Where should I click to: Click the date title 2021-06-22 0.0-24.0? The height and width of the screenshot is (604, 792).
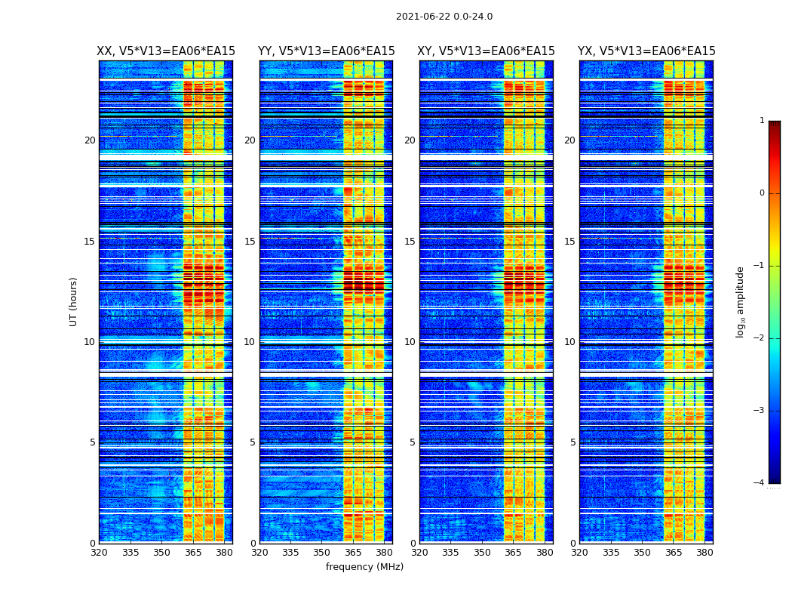click(444, 17)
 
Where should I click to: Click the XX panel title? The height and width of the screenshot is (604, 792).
click(166, 51)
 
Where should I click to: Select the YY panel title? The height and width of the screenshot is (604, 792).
click(326, 51)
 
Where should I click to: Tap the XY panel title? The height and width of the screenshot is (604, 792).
click(487, 51)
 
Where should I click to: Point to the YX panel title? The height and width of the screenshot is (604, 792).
click(646, 51)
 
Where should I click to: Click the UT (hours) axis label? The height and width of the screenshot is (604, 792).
click(74, 301)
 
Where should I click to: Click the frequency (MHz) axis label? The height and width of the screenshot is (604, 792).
click(364, 567)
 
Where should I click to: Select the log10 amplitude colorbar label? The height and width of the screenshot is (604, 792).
click(741, 301)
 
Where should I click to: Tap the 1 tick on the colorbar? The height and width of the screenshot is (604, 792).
click(761, 121)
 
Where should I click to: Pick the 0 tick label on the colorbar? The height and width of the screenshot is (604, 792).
click(761, 193)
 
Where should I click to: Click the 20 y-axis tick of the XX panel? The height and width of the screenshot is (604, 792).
click(90, 140)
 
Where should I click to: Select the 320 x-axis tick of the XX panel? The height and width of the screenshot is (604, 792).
click(99, 553)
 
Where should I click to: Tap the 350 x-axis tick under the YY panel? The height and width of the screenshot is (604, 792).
click(322, 553)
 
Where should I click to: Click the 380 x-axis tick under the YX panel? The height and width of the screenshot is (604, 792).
click(705, 553)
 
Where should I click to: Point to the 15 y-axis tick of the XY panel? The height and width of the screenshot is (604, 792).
click(410, 242)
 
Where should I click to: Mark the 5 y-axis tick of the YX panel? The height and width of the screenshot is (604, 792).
click(573, 442)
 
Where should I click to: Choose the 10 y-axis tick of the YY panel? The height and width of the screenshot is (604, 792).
click(250, 342)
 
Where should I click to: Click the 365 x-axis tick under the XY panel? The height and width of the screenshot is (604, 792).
click(514, 553)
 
